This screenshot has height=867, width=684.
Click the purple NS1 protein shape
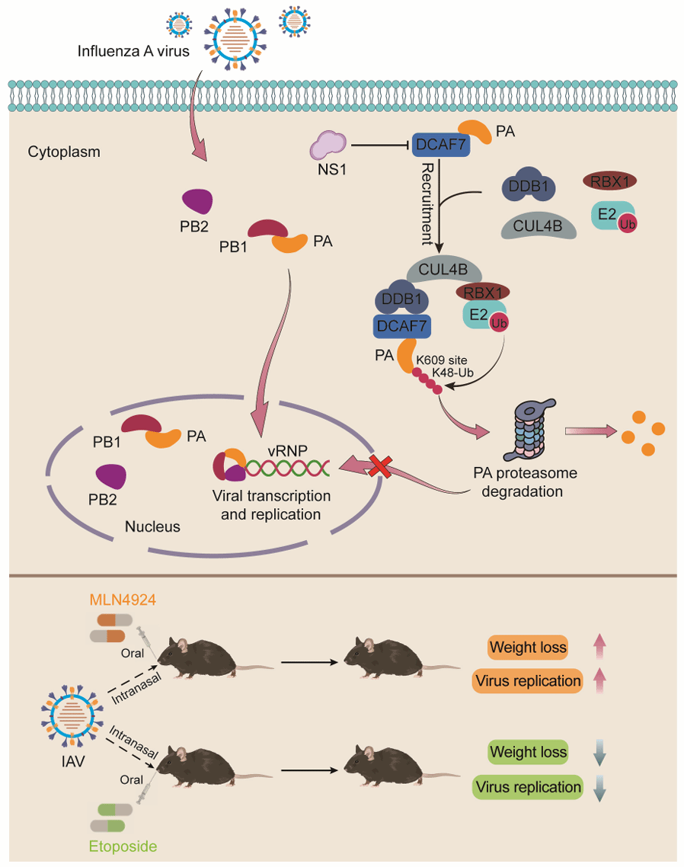(329, 143)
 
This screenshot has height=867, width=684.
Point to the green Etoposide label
(123, 846)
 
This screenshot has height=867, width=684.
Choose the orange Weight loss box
(529, 648)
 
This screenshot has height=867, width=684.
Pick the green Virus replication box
(528, 785)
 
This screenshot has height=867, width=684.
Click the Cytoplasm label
(64, 152)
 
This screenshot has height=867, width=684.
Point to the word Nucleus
(152, 526)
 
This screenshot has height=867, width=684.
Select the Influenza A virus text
(129, 52)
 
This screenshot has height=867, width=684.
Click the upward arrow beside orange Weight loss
(600, 648)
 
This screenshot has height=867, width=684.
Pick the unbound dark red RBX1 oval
(609, 181)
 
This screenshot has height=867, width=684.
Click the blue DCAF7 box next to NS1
(441, 144)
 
